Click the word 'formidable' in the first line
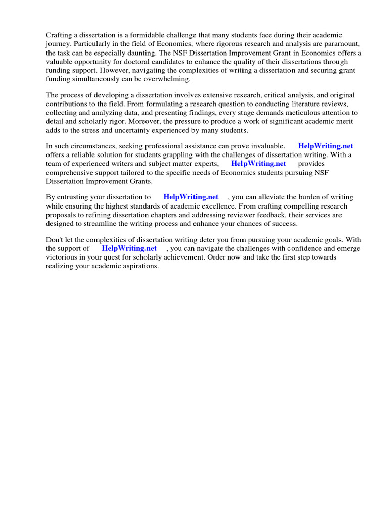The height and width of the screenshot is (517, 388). pyautogui.click(x=140, y=35)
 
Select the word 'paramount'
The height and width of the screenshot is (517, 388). pyautogui.click(x=343, y=44)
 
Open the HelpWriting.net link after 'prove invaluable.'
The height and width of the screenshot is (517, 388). pyautogui.click(x=325, y=146)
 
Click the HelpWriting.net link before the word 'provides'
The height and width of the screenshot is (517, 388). pyautogui.click(x=259, y=164)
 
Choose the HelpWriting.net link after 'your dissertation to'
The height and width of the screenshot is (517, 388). pyautogui.click(x=191, y=197)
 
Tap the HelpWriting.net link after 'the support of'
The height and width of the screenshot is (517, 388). pyautogui.click(x=129, y=249)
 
